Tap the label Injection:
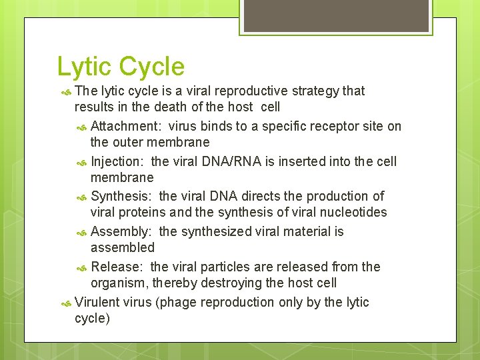[118, 161]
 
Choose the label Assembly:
[121, 231]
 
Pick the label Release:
[117, 267]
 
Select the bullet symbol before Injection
[82, 162]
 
